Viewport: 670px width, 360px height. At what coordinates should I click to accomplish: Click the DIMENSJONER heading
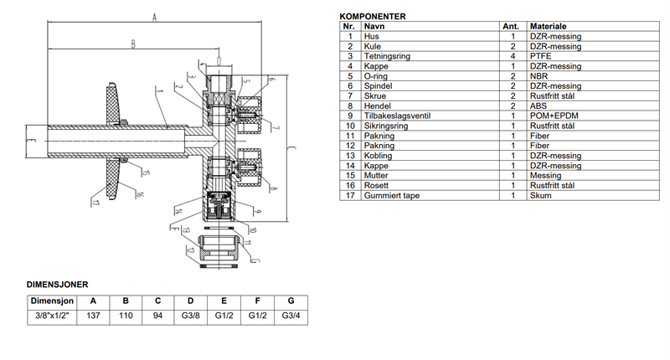[x=58, y=285]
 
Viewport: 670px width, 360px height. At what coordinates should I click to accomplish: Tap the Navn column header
[x=374, y=27]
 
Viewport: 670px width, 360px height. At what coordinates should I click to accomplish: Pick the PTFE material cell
[x=540, y=56]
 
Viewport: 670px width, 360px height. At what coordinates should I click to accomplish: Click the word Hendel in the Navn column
[x=376, y=105]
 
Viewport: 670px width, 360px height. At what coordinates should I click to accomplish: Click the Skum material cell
[x=540, y=195]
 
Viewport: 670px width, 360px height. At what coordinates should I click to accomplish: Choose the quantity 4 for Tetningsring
[x=511, y=56]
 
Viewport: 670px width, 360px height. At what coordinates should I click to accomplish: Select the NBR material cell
[x=540, y=76]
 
